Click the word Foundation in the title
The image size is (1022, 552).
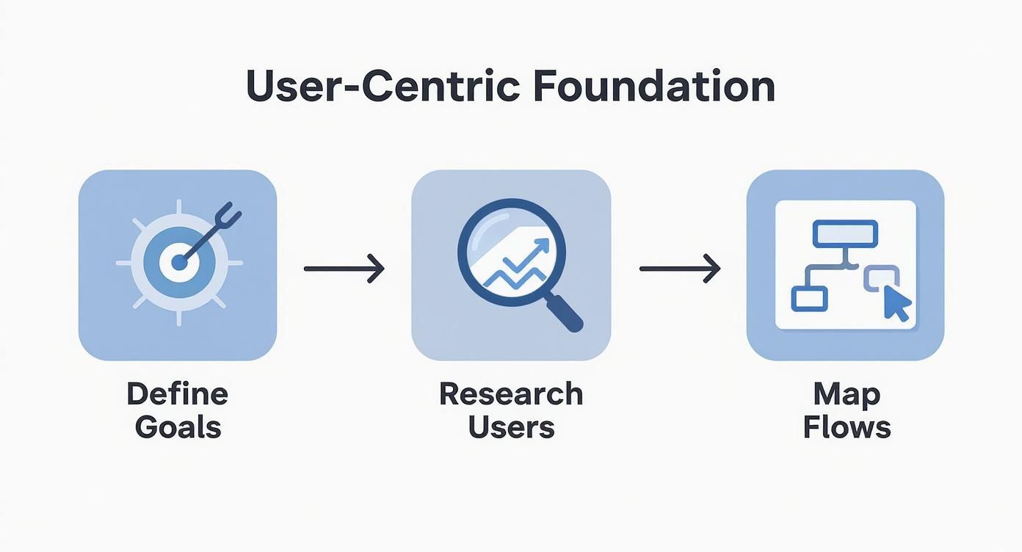click(x=654, y=85)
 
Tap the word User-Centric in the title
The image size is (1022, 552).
click(x=383, y=85)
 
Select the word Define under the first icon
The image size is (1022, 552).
click(x=178, y=393)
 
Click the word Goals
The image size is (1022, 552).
click(x=178, y=427)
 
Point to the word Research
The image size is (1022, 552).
click(x=511, y=393)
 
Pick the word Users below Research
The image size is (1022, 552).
click(x=512, y=427)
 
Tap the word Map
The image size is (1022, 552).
click(x=847, y=395)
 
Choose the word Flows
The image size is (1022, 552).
click(x=847, y=427)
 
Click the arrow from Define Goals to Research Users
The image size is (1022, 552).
click(x=344, y=269)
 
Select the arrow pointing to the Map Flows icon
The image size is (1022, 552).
click(x=680, y=269)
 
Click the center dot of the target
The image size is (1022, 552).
click(x=179, y=263)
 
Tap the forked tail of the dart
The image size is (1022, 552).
click(x=227, y=217)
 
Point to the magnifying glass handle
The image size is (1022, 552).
click(x=564, y=313)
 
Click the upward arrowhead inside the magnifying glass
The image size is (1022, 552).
click(x=542, y=245)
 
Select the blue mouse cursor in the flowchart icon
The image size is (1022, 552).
click(x=896, y=303)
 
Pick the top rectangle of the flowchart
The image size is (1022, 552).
click(x=845, y=234)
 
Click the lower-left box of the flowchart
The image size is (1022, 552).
click(x=809, y=299)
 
